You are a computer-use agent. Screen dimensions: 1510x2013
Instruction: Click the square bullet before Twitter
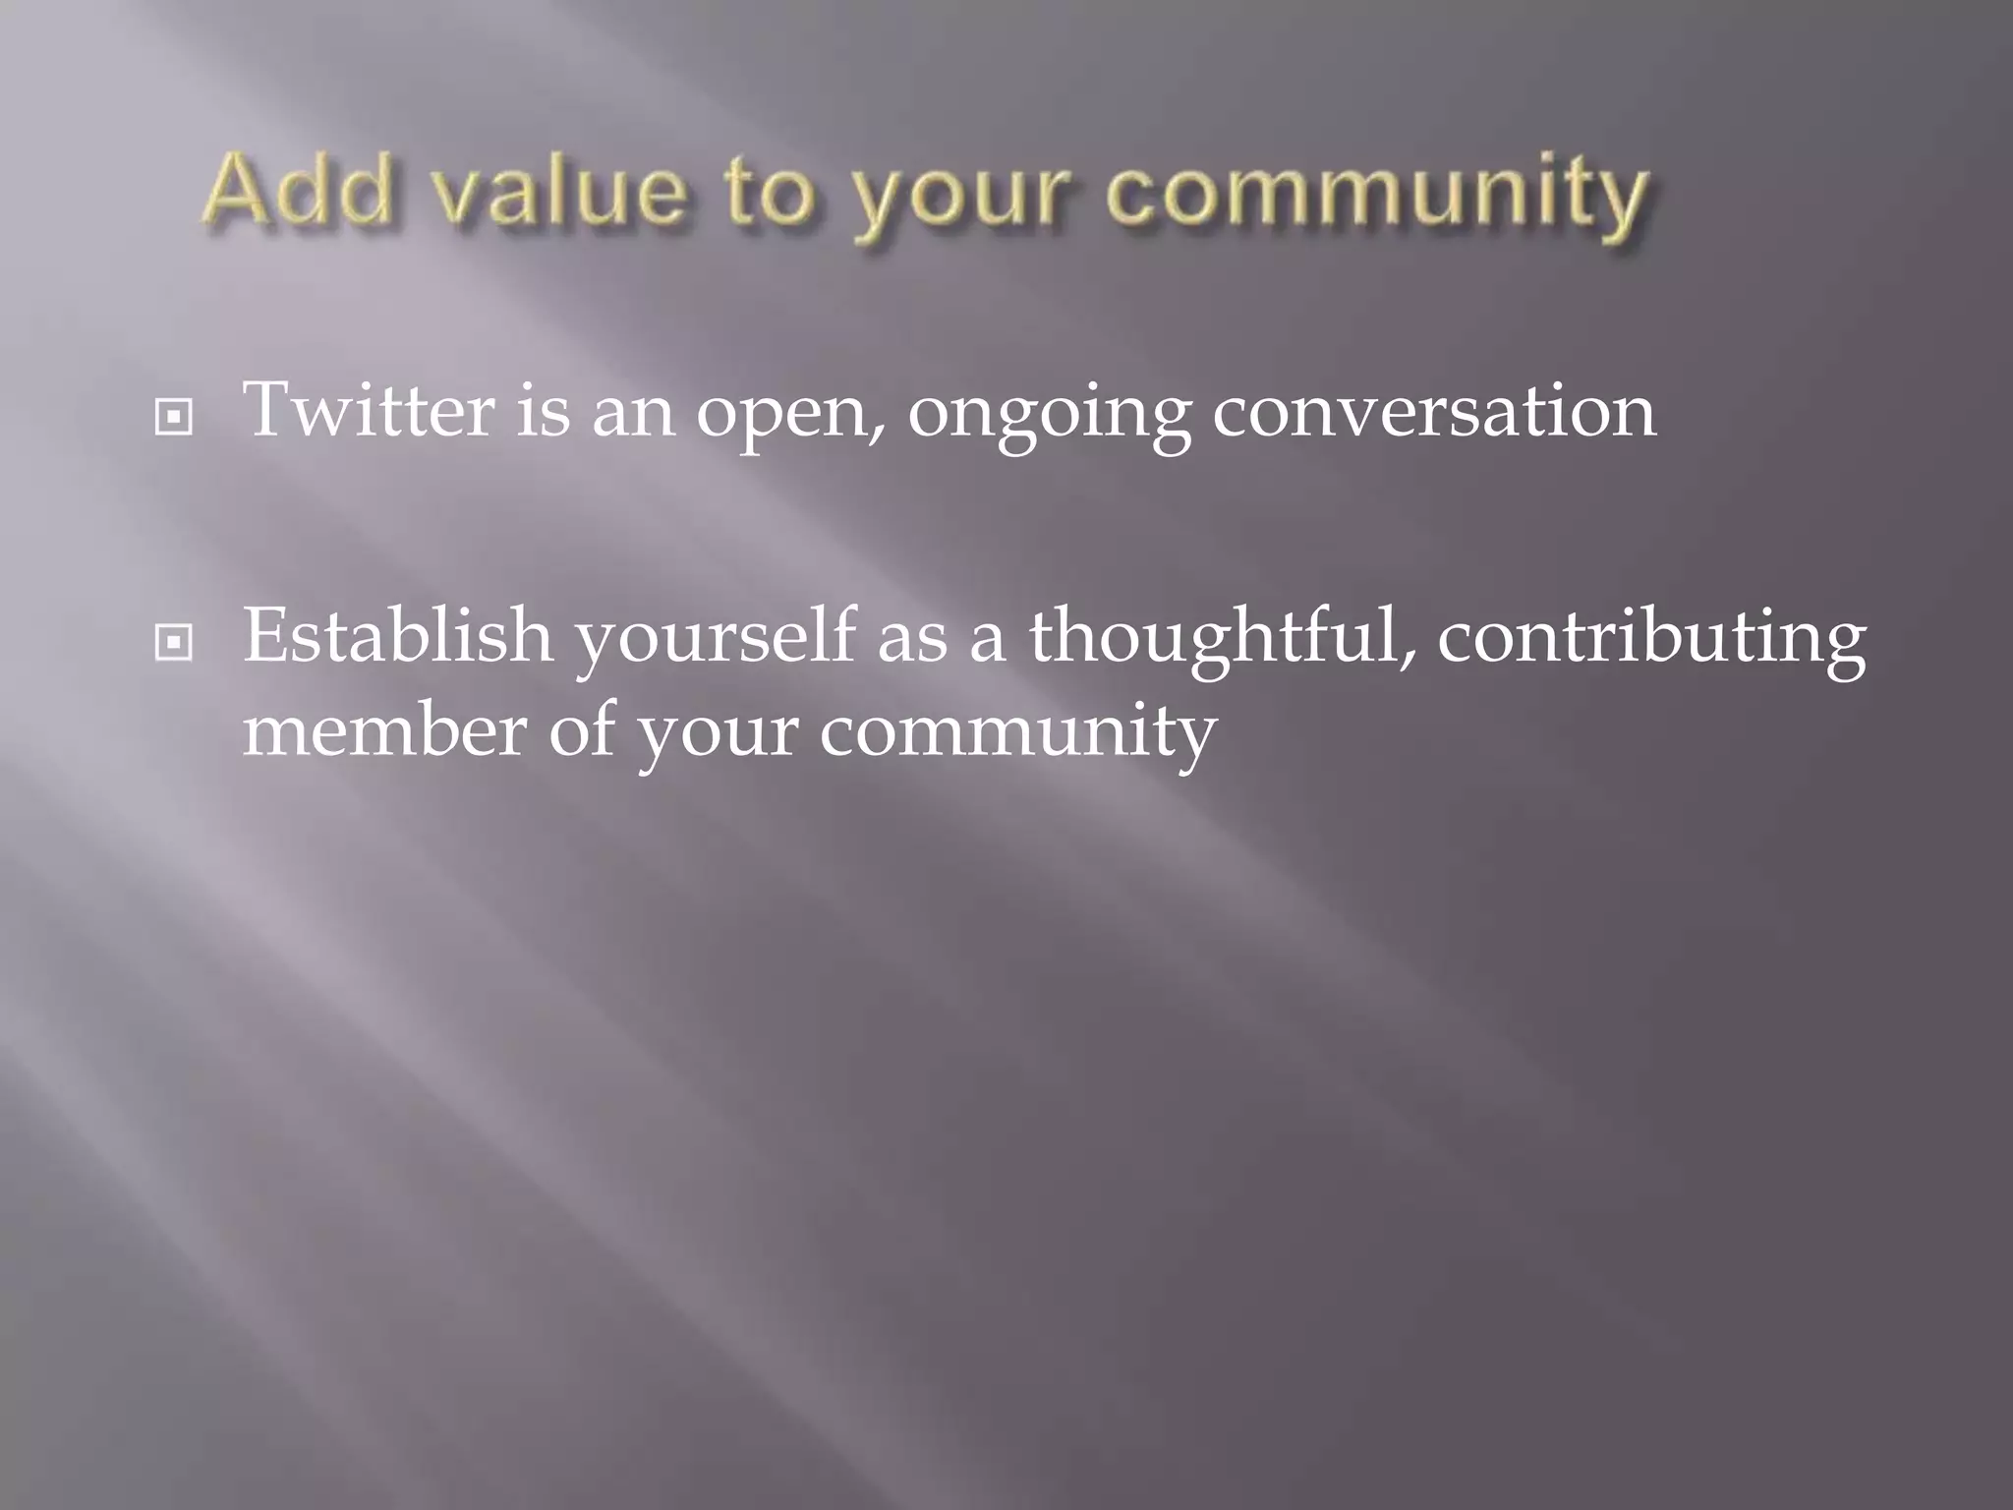[174, 418]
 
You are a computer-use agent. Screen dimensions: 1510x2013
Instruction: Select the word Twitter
[370, 410]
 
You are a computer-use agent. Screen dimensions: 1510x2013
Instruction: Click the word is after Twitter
[543, 410]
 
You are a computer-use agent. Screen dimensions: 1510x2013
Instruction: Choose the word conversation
[1434, 411]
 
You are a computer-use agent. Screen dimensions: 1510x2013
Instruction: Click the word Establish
[398, 635]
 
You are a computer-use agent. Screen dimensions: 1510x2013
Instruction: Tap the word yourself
[716, 639]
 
